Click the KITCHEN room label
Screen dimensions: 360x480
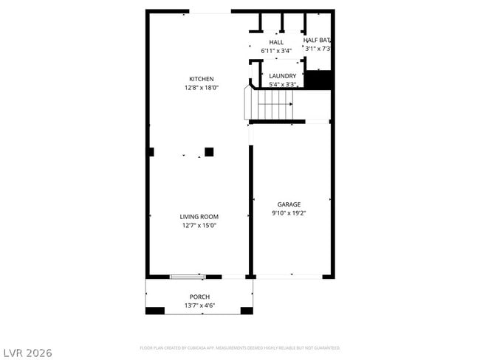(x=201, y=79)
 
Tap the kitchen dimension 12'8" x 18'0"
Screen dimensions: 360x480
(x=201, y=88)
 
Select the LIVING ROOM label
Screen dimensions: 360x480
(x=199, y=217)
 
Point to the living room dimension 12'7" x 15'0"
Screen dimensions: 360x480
(x=199, y=226)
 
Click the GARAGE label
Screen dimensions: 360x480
(x=288, y=204)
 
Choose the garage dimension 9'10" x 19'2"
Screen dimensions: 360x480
(x=288, y=213)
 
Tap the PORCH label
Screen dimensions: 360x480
(x=199, y=297)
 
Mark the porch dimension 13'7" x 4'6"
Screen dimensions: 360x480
(x=199, y=305)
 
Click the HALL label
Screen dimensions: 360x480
(x=276, y=42)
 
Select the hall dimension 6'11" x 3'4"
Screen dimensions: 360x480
(x=276, y=51)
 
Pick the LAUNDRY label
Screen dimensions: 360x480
(x=283, y=76)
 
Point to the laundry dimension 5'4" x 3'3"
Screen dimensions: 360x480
(x=283, y=85)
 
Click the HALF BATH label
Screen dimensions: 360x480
(x=317, y=40)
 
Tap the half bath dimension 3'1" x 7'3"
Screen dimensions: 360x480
(x=317, y=49)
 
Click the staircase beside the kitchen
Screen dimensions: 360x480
(x=271, y=105)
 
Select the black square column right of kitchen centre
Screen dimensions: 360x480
(x=209, y=152)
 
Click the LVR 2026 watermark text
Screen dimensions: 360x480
(x=27, y=353)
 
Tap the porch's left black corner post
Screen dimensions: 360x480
(x=154, y=311)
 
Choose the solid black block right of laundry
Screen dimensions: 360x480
(x=319, y=80)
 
